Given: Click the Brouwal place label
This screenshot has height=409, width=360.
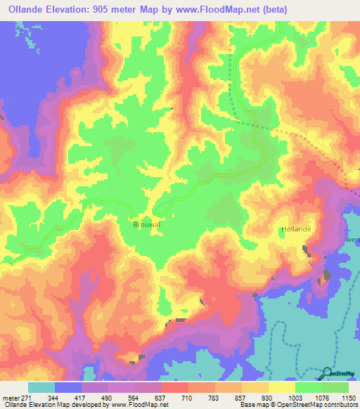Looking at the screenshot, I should pyautogui.click(x=147, y=225).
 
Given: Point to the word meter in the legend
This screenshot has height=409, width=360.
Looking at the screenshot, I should pyautogui.click(x=11, y=397).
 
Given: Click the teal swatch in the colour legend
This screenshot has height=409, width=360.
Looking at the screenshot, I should pyautogui.click(x=41, y=387).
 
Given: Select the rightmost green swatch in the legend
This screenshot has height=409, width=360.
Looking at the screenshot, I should pyautogui.click(x=335, y=387).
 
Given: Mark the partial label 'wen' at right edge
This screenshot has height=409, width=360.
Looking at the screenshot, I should pyautogui.click(x=353, y=240).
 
